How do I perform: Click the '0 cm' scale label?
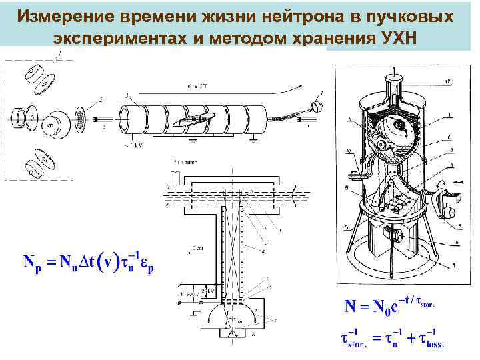pos(198,248)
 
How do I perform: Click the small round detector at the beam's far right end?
pos(316,105)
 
